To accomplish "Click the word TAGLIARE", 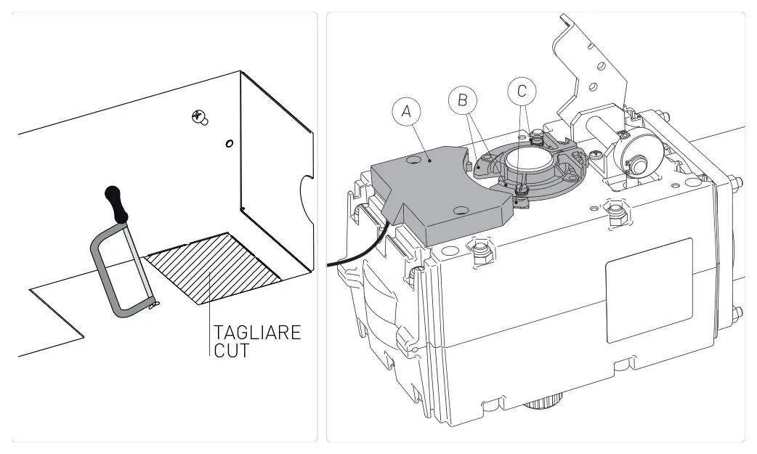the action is [257, 333].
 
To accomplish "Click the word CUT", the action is [232, 351].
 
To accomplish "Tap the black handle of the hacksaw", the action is [116, 204].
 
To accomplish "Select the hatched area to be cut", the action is [213, 268].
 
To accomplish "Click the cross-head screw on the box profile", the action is [199, 117].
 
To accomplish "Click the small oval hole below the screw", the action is [230, 143].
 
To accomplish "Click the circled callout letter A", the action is [406, 112].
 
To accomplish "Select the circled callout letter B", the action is [463, 100].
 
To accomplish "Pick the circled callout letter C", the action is [522, 92].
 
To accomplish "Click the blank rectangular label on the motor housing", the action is [649, 291].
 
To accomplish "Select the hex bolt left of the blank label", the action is [480, 251].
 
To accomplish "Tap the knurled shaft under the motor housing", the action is [544, 398].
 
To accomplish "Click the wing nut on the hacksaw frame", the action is [153, 305].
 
